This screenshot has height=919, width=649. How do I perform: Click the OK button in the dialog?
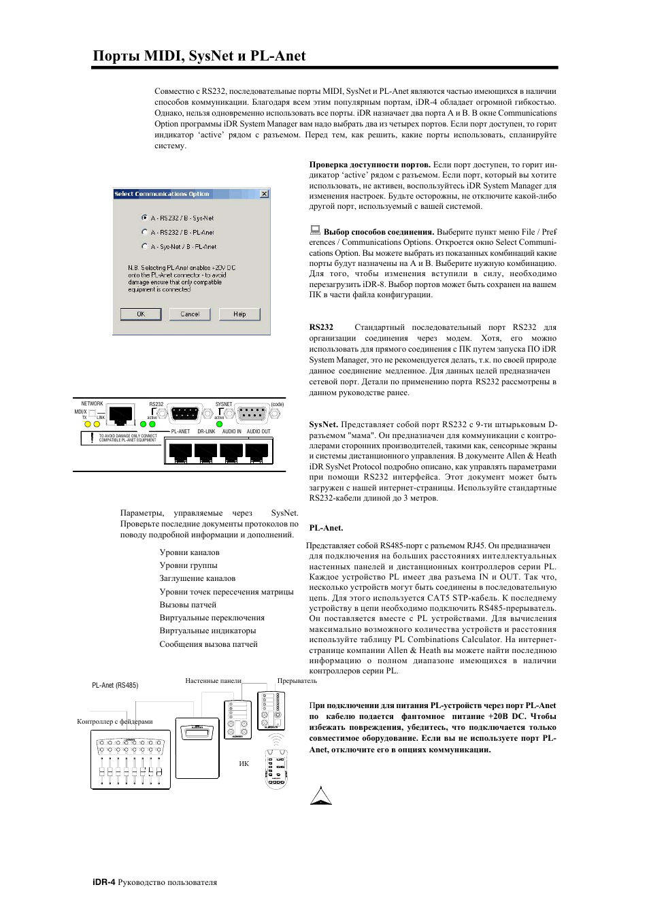141,314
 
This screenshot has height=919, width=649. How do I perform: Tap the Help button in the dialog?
239,314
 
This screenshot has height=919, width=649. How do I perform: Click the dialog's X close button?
264,194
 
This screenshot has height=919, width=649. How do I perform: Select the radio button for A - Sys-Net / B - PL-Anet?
144,246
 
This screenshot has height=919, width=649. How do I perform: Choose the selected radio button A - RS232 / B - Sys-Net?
144,218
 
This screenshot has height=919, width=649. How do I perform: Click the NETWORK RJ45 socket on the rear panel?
120,414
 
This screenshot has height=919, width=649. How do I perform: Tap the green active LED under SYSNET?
219,424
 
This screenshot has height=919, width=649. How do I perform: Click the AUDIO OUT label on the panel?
259,431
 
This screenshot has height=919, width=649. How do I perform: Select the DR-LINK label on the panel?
206,431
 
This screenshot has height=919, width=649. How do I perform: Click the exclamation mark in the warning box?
92,437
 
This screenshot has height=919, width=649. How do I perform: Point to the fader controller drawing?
131,760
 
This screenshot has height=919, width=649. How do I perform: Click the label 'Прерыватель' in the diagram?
297,680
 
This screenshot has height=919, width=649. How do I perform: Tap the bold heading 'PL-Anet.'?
326,528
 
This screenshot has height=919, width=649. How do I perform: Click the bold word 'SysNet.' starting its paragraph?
323,424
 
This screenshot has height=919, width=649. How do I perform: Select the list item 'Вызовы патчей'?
188,605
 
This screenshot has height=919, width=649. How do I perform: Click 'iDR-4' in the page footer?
103,882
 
